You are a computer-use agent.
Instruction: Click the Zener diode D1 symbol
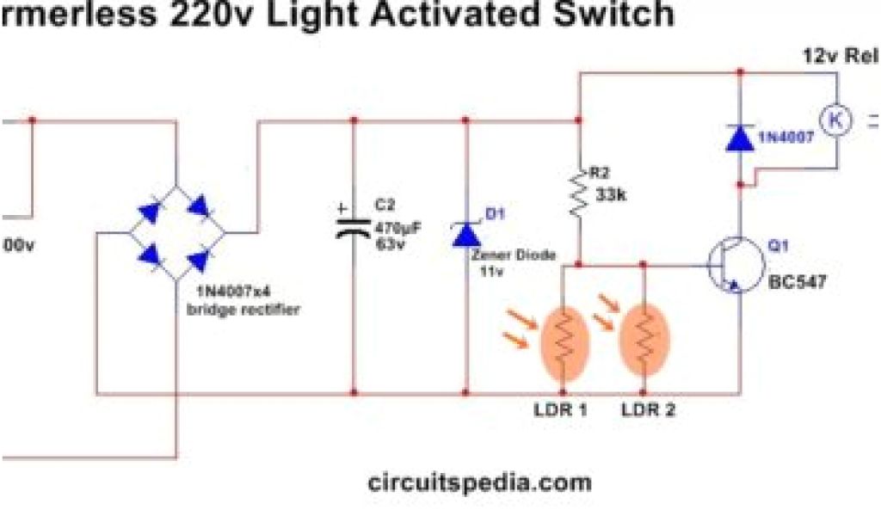[466, 233]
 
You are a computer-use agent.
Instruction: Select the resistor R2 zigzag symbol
[579, 196]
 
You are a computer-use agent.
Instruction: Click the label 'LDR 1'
[560, 410]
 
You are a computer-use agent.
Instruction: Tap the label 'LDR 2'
[649, 410]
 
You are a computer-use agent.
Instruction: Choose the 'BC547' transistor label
[796, 281]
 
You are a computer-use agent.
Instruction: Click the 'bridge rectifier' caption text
[243, 310]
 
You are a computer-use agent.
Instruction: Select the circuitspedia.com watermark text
[479, 482]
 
